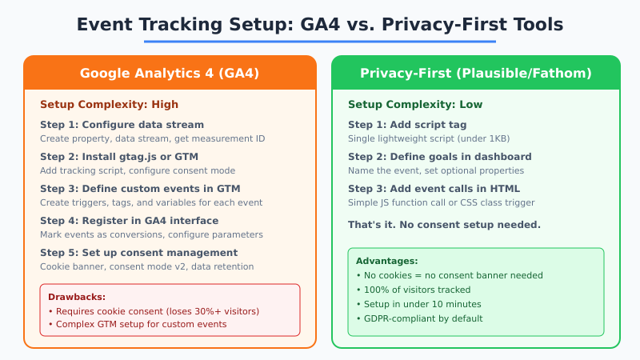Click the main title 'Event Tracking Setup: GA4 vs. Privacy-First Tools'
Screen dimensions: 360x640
pyautogui.click(x=320, y=24)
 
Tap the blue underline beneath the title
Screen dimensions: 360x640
pyautogui.click(x=320, y=42)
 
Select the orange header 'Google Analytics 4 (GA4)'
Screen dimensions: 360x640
pyautogui.click(x=170, y=73)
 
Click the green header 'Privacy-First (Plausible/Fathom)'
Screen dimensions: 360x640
pyautogui.click(x=476, y=73)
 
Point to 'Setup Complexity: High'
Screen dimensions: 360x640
pyautogui.click(x=109, y=104)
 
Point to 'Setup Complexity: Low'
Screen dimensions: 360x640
pyautogui.click(x=414, y=104)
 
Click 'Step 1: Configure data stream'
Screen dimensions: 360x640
pyautogui.click(x=122, y=125)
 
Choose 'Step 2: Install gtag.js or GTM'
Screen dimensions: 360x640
pyautogui.click(x=119, y=157)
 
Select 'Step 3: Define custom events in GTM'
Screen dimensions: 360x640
pyautogui.click(x=140, y=189)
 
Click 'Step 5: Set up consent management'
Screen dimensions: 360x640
pyautogui.click(x=133, y=253)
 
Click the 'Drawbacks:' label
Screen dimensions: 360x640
pyautogui.click(x=77, y=297)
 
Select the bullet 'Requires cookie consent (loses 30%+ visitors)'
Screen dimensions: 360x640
pyautogui.click(x=154, y=311)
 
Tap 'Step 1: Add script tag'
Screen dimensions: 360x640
pyautogui.click(x=407, y=125)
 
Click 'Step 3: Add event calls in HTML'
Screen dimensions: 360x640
pyautogui.click(x=434, y=189)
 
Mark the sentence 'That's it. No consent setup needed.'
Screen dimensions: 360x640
pyautogui.click(x=444, y=224)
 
